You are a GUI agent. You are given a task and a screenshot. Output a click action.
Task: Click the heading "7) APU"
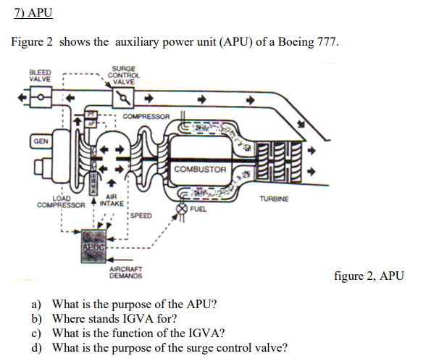point(33,13)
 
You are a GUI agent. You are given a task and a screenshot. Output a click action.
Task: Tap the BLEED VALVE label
point(40,75)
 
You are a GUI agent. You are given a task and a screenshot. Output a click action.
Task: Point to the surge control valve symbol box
point(124,96)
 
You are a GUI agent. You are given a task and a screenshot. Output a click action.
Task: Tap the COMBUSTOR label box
point(200,170)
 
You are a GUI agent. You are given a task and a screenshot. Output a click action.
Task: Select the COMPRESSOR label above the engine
point(146,117)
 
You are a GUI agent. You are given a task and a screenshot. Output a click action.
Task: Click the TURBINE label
point(273,198)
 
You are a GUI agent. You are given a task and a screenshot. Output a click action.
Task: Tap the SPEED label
point(141,216)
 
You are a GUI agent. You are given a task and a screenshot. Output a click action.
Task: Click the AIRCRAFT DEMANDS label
point(125,273)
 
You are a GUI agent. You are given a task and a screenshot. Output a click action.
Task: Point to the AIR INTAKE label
point(112,201)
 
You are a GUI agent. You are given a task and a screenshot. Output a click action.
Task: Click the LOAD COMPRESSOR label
point(61,201)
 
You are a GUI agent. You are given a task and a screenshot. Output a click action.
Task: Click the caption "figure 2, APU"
point(369,276)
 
